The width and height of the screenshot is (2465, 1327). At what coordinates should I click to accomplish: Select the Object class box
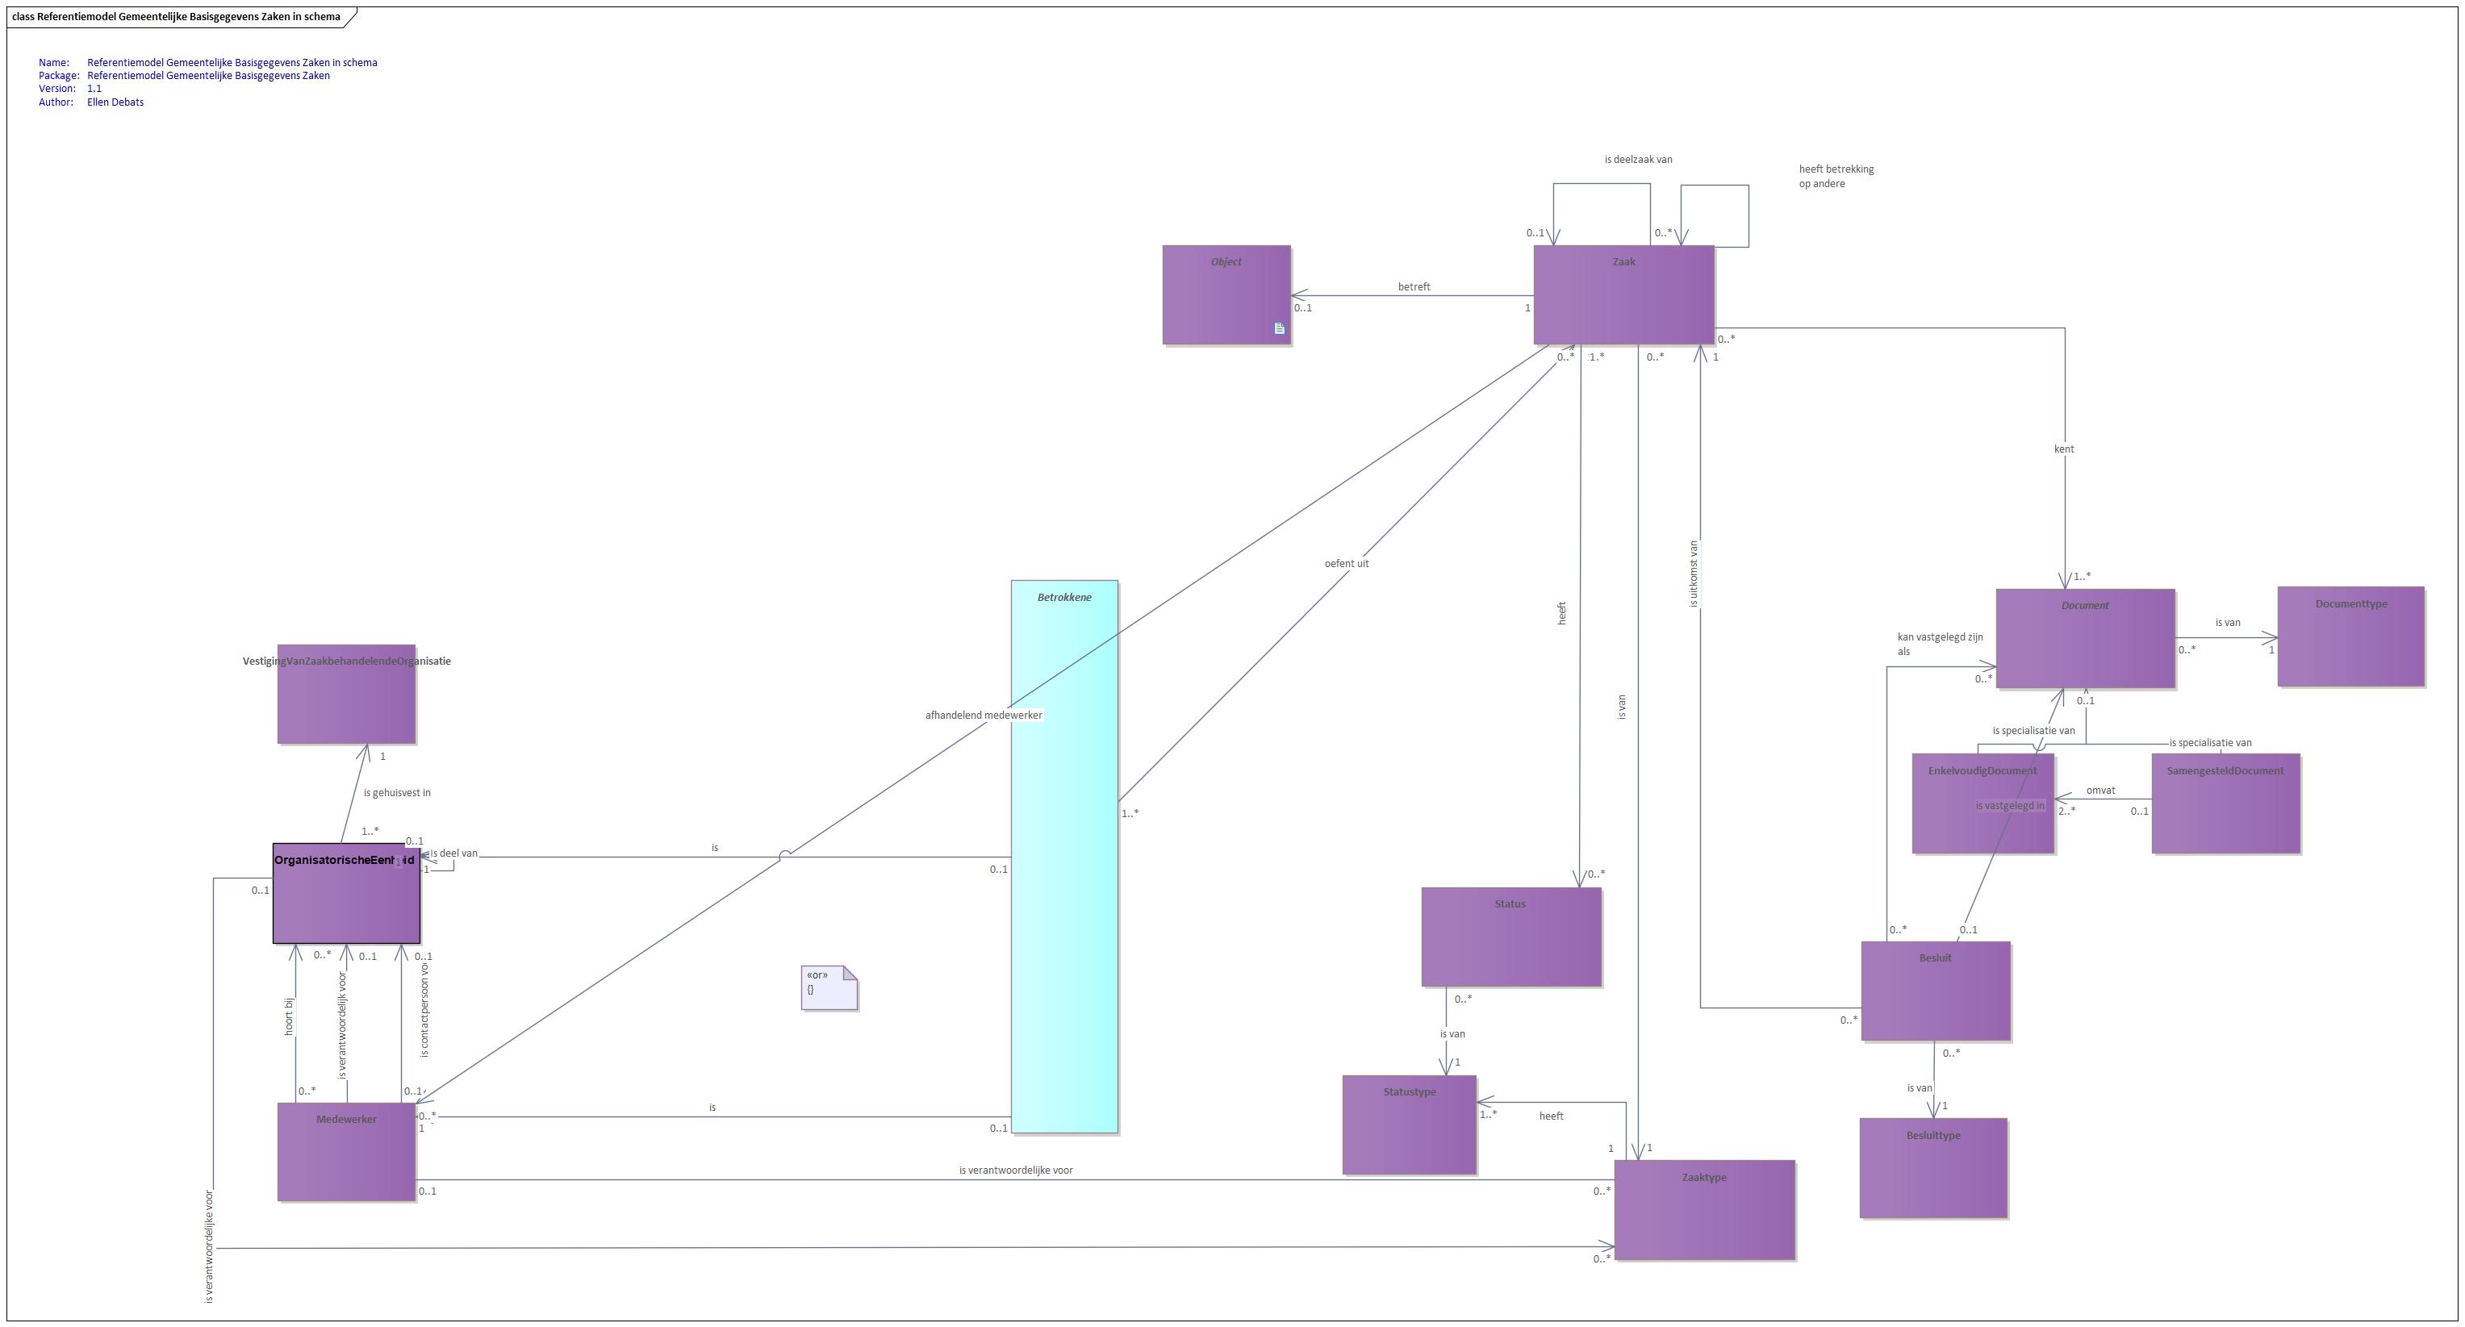point(1226,294)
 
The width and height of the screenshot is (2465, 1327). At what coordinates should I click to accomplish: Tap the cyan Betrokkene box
point(1064,856)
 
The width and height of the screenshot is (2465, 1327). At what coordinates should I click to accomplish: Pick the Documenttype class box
point(2350,637)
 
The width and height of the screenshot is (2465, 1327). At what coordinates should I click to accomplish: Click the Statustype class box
point(1409,1125)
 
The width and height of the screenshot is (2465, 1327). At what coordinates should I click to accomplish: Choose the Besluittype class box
point(1933,1167)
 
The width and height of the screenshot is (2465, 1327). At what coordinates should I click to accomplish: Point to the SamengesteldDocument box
point(2225,803)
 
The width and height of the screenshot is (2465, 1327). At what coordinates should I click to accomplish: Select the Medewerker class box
point(346,1152)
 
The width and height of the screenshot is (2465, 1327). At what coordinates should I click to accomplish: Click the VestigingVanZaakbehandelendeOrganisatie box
point(346,694)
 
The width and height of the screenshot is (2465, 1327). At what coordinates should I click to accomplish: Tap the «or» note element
point(829,987)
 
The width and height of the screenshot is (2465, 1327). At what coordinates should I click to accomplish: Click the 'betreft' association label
point(1414,287)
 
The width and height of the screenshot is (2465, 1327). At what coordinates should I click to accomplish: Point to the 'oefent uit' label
point(1347,564)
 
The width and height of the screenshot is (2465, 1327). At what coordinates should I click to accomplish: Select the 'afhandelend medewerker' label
point(983,715)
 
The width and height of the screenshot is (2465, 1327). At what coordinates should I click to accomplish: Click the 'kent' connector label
point(2064,449)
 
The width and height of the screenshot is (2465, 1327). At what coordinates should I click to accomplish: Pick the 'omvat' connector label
point(2100,791)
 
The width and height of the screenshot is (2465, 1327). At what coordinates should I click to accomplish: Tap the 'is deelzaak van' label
point(1638,160)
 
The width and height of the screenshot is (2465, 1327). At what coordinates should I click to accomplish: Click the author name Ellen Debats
point(115,102)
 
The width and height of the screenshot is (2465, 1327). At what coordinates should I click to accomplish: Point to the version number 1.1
point(94,89)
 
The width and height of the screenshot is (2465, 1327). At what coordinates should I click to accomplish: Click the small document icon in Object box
point(1280,328)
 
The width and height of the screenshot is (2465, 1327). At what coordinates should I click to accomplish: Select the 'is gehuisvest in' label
point(396,792)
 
